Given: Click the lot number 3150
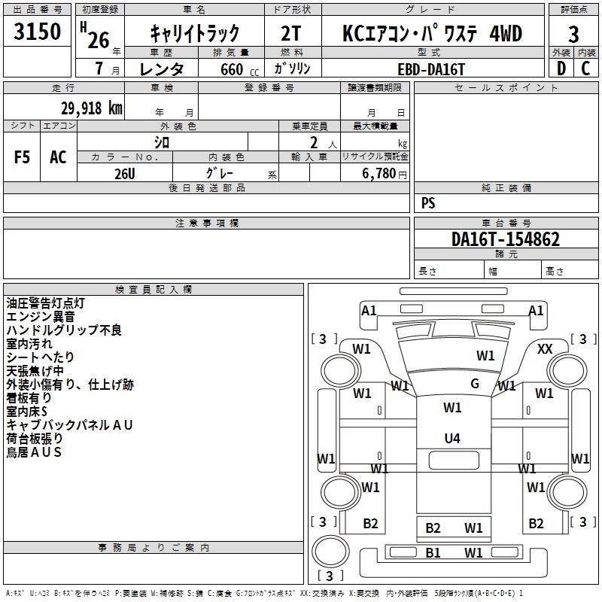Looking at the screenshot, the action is [38, 33].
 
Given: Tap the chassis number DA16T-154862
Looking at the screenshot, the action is [506, 239].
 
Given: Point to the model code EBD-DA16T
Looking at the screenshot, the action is [431, 67].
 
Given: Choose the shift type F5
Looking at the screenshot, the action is [22, 157].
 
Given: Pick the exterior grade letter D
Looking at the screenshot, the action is [561, 68].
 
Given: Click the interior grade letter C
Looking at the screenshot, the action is [585, 68].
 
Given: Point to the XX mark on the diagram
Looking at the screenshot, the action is [545, 349].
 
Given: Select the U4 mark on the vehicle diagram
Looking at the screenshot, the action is [452, 438].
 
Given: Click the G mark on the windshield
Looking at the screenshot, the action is [475, 383].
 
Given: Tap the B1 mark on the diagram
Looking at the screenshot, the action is [433, 553].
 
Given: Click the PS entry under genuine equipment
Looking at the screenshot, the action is [428, 203].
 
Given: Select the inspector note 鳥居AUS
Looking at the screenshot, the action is [33, 452].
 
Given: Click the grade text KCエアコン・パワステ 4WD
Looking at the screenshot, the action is [431, 33].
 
